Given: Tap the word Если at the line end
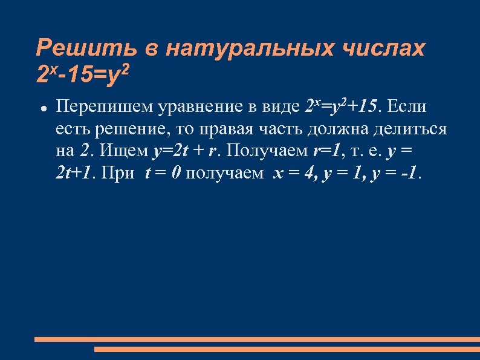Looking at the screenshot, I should [x=406, y=107].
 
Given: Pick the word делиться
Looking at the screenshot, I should [x=412, y=129].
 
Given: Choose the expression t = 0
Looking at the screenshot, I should [x=163, y=174].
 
